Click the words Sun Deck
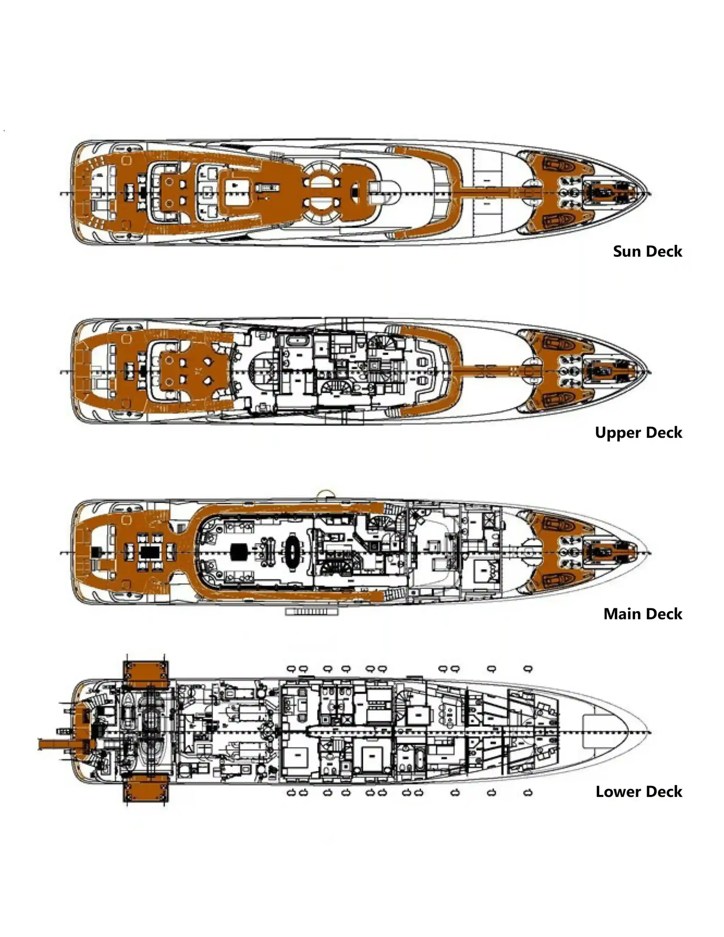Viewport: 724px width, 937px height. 647,251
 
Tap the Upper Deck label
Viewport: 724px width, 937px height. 638,433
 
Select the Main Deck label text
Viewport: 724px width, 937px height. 643,614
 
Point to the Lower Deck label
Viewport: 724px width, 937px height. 638,792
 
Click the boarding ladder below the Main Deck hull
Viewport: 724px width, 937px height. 312,611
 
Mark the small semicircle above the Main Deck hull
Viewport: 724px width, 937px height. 325,494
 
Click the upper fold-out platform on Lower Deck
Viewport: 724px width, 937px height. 146,674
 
